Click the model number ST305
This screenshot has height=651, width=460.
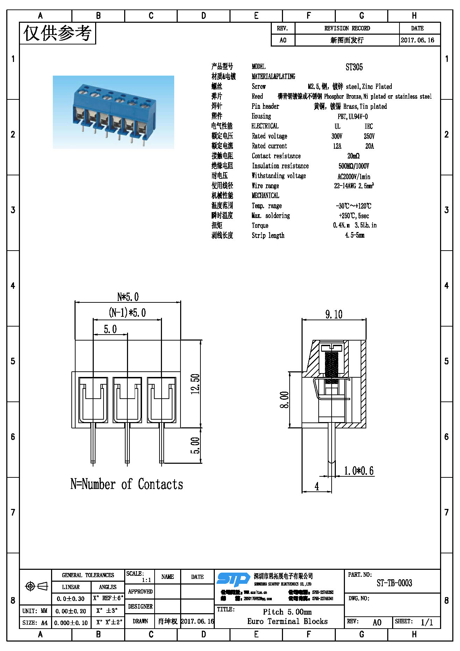pos(354,67)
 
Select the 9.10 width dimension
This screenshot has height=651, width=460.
pos(334,314)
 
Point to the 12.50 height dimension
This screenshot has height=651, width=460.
pos(195,384)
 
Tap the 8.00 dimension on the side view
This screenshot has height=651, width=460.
pos(284,400)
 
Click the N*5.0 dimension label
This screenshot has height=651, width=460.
pos(128,297)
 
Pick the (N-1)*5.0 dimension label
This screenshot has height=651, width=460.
pos(127,313)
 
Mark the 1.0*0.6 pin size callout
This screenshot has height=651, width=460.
pos(359,471)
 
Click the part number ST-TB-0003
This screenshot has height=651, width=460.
pos(394,583)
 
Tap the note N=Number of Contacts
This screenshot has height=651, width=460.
pos(127,484)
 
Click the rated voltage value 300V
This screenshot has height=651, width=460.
pos(337,136)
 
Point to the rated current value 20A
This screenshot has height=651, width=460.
pos(369,146)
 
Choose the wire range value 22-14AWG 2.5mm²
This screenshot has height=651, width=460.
pos(354,186)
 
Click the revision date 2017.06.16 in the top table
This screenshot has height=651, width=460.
pos(417,40)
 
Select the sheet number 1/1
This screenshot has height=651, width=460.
pos(427,622)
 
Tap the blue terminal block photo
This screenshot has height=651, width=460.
pos(113,112)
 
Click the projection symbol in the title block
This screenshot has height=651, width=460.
pos(36,586)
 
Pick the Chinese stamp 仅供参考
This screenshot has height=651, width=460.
pos(57,33)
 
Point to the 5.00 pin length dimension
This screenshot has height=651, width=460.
pos(195,445)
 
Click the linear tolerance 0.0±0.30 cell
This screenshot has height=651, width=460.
pos(71,599)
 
